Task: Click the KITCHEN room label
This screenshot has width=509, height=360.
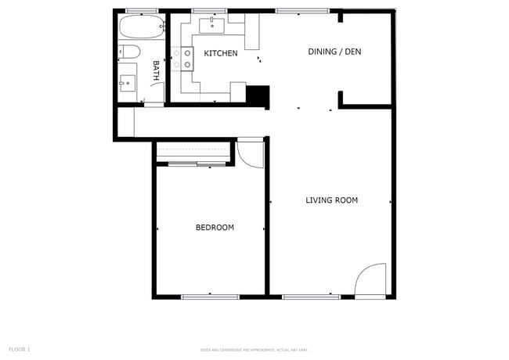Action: click(x=221, y=53)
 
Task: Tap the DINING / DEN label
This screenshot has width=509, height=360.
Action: click(x=334, y=52)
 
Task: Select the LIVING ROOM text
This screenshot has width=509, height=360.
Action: click(x=331, y=200)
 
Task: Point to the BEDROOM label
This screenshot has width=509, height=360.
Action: click(x=215, y=228)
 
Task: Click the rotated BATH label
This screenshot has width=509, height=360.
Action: click(x=156, y=71)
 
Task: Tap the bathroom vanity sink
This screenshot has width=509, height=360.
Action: click(x=127, y=81)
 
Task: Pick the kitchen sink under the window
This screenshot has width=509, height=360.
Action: click(x=212, y=26)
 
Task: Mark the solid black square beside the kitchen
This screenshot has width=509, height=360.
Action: click(x=257, y=95)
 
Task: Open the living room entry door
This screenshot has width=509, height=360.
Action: click(x=370, y=280)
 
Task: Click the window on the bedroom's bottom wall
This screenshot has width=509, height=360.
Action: click(x=210, y=297)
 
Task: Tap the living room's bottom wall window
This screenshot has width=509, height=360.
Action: click(x=311, y=297)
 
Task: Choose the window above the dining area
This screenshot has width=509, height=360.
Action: click(x=302, y=11)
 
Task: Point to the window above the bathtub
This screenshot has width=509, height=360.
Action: click(x=142, y=11)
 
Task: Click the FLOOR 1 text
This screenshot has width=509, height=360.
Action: click(x=19, y=349)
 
